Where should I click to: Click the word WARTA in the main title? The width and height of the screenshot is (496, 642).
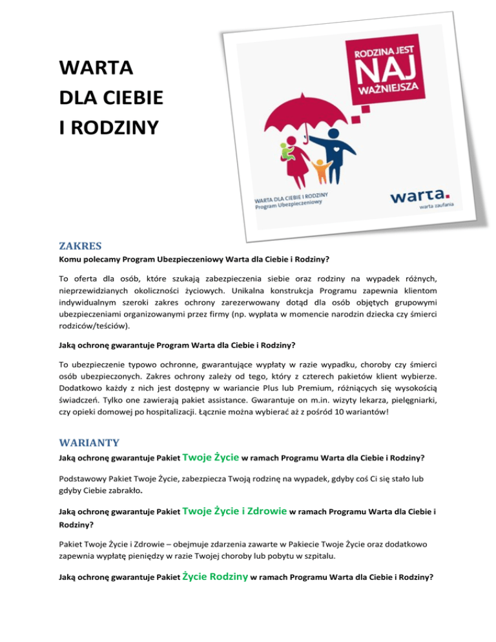tap(96, 68)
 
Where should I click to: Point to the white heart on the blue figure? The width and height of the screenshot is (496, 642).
tap(336, 147)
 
